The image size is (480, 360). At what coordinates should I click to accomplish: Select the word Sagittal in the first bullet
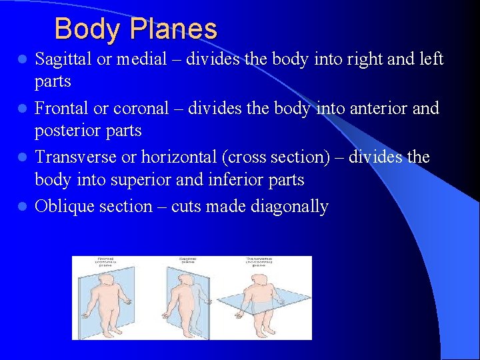[x=63, y=59]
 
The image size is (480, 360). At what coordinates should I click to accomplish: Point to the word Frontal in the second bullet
[x=61, y=108]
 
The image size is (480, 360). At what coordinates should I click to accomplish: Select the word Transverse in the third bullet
[x=75, y=157]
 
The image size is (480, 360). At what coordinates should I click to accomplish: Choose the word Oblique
[x=65, y=207]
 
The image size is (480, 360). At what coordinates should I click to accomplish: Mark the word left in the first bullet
[x=431, y=59]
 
